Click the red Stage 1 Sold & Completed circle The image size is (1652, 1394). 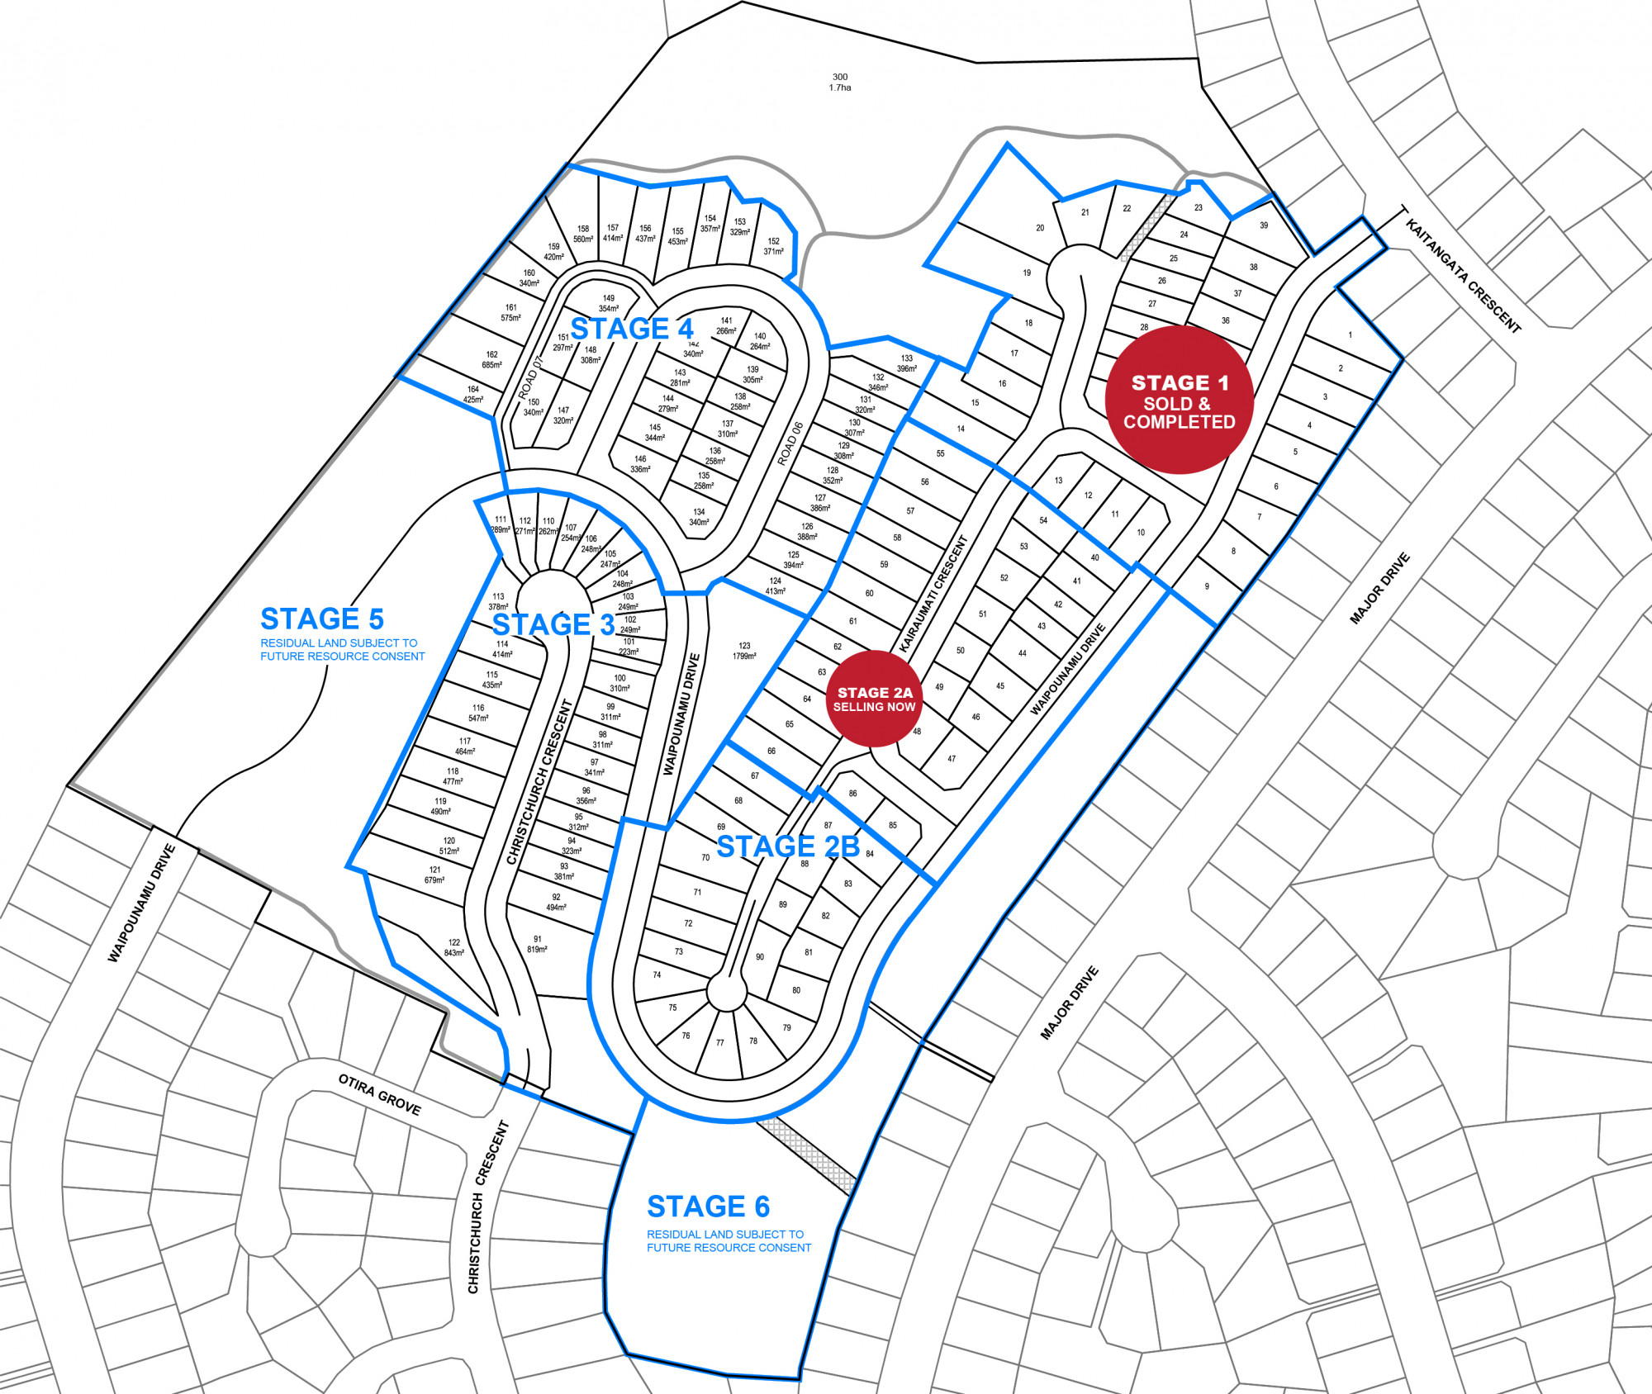(1179, 400)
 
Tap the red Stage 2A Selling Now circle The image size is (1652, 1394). (874, 699)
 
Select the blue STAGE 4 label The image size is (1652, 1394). (632, 329)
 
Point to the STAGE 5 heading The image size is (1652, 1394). (322, 619)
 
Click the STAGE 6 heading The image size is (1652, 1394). (708, 1207)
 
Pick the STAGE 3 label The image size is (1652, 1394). (553, 624)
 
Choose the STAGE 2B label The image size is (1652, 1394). (788, 846)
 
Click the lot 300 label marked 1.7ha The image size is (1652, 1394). (840, 82)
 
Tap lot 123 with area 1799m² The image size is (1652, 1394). (744, 651)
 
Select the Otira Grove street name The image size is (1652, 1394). (379, 1094)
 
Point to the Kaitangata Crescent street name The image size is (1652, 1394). (1463, 276)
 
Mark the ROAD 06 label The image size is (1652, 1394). (790, 444)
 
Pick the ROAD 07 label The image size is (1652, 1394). (532, 378)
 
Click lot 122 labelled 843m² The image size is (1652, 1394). (453, 947)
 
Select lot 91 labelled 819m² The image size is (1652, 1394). (537, 944)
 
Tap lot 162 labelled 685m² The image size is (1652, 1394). (491, 359)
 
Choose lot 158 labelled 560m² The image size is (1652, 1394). (583, 234)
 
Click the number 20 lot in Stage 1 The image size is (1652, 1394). (1040, 228)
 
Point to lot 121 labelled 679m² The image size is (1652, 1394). (434, 875)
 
